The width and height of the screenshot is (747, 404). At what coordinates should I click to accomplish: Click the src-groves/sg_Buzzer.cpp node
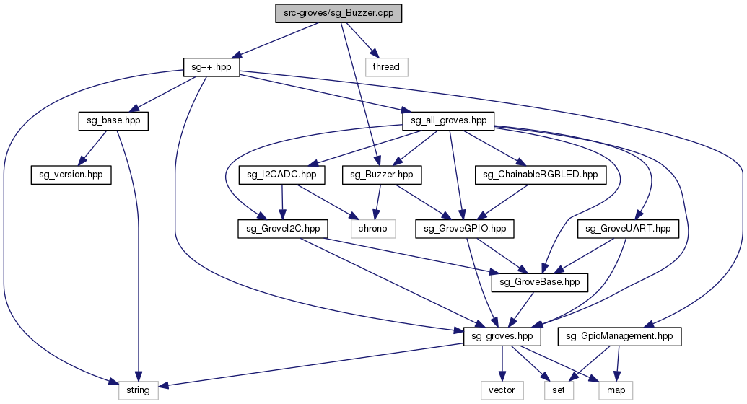[x=338, y=14]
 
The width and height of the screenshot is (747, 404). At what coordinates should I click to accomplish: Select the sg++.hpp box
[x=211, y=66]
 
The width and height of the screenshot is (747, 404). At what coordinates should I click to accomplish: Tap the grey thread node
[x=386, y=66]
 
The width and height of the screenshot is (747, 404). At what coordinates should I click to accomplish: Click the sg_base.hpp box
[x=113, y=120]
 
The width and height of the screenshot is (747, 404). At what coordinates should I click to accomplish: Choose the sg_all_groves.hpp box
[x=447, y=120]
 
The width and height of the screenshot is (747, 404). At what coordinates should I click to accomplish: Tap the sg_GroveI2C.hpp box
[x=283, y=228]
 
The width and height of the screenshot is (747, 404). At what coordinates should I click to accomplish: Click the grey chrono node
[x=372, y=228]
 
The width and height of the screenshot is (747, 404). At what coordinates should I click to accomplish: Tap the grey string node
[x=138, y=390]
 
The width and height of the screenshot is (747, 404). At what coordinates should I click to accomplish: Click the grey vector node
[x=502, y=390]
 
